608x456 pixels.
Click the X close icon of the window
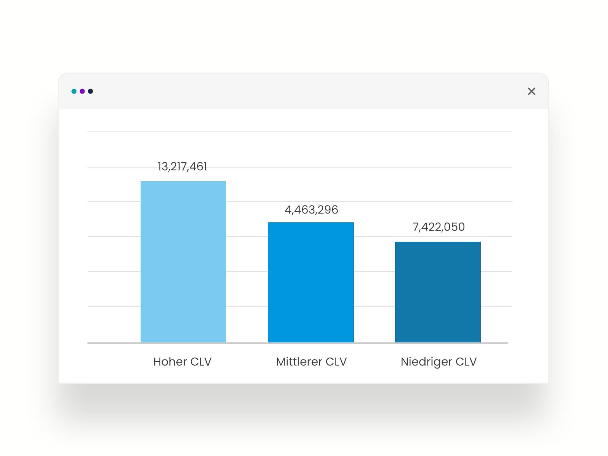point(531,91)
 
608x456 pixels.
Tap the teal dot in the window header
point(74,91)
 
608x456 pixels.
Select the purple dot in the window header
point(82,91)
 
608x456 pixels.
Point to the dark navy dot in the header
point(90,91)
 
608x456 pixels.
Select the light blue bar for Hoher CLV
point(183,262)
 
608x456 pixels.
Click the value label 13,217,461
point(182,166)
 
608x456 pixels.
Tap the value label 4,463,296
point(311,210)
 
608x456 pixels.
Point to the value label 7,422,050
point(439,227)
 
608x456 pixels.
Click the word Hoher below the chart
point(170,361)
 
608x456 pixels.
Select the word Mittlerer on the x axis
point(299,361)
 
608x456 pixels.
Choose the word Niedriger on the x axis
point(426,362)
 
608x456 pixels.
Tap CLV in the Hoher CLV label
point(201,361)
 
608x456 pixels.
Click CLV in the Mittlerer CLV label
point(336,361)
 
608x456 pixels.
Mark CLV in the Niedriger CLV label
point(466,361)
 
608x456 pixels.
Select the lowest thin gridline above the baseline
point(114,307)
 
